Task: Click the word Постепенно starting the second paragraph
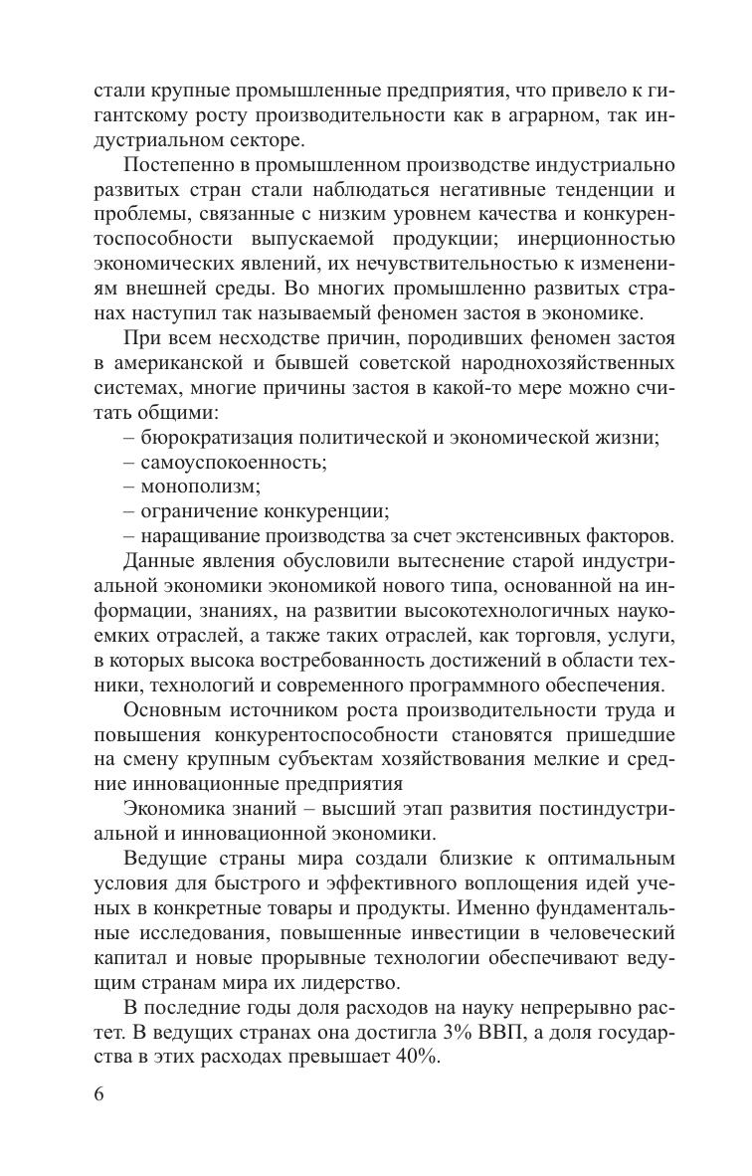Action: coord(180,163)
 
